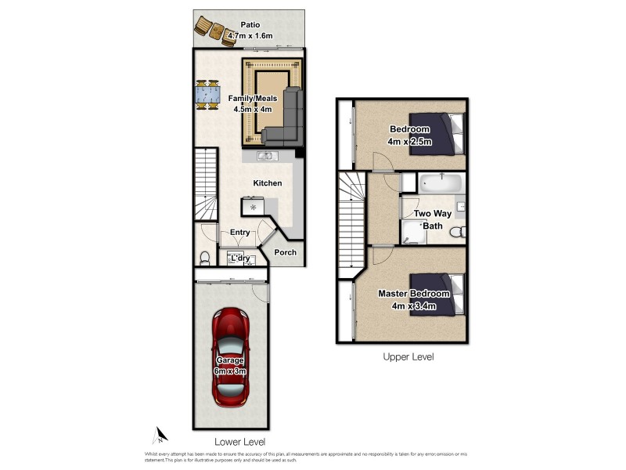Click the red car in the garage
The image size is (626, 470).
point(232,357)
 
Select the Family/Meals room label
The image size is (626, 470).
point(251,99)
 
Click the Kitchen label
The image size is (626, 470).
point(267,183)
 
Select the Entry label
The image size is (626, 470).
point(239,232)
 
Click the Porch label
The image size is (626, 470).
point(286,252)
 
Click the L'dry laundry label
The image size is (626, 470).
point(239,258)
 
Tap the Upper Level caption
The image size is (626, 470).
point(408,356)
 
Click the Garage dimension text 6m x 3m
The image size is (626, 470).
point(232,371)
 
